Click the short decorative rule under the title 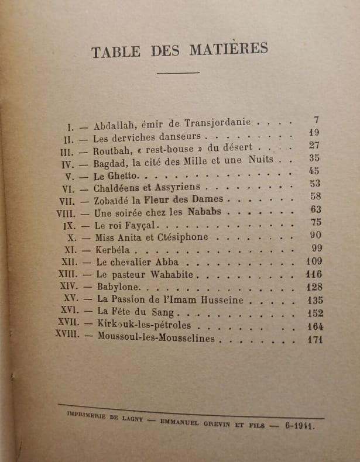pos(178,73)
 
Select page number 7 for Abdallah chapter pos(316,120)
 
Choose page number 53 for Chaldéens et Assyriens pos(315,184)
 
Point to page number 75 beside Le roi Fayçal pos(316,222)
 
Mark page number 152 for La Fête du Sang pos(314,313)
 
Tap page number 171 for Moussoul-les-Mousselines pos(314,339)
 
